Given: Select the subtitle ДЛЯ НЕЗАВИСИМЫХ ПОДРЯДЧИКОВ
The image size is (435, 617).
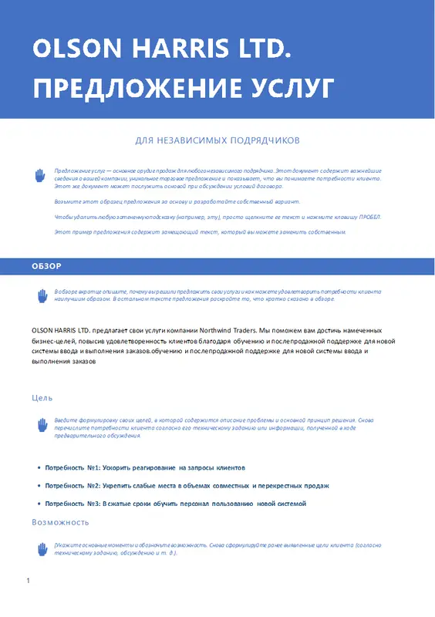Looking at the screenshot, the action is (x=217, y=140).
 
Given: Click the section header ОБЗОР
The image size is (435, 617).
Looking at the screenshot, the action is (x=47, y=266).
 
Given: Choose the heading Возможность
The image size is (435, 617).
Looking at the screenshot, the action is (x=55, y=522).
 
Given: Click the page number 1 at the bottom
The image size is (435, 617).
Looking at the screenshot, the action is (x=28, y=580).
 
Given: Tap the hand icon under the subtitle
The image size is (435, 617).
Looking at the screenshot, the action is (x=41, y=177).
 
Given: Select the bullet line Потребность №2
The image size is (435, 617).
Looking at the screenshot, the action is (x=187, y=486).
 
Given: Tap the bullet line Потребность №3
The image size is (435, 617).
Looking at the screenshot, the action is (x=175, y=503).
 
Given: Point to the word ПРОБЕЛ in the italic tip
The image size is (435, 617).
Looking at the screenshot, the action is (x=366, y=217).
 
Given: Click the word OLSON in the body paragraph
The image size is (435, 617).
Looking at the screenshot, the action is (x=44, y=329).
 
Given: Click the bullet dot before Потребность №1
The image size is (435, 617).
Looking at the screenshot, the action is (x=39, y=468).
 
